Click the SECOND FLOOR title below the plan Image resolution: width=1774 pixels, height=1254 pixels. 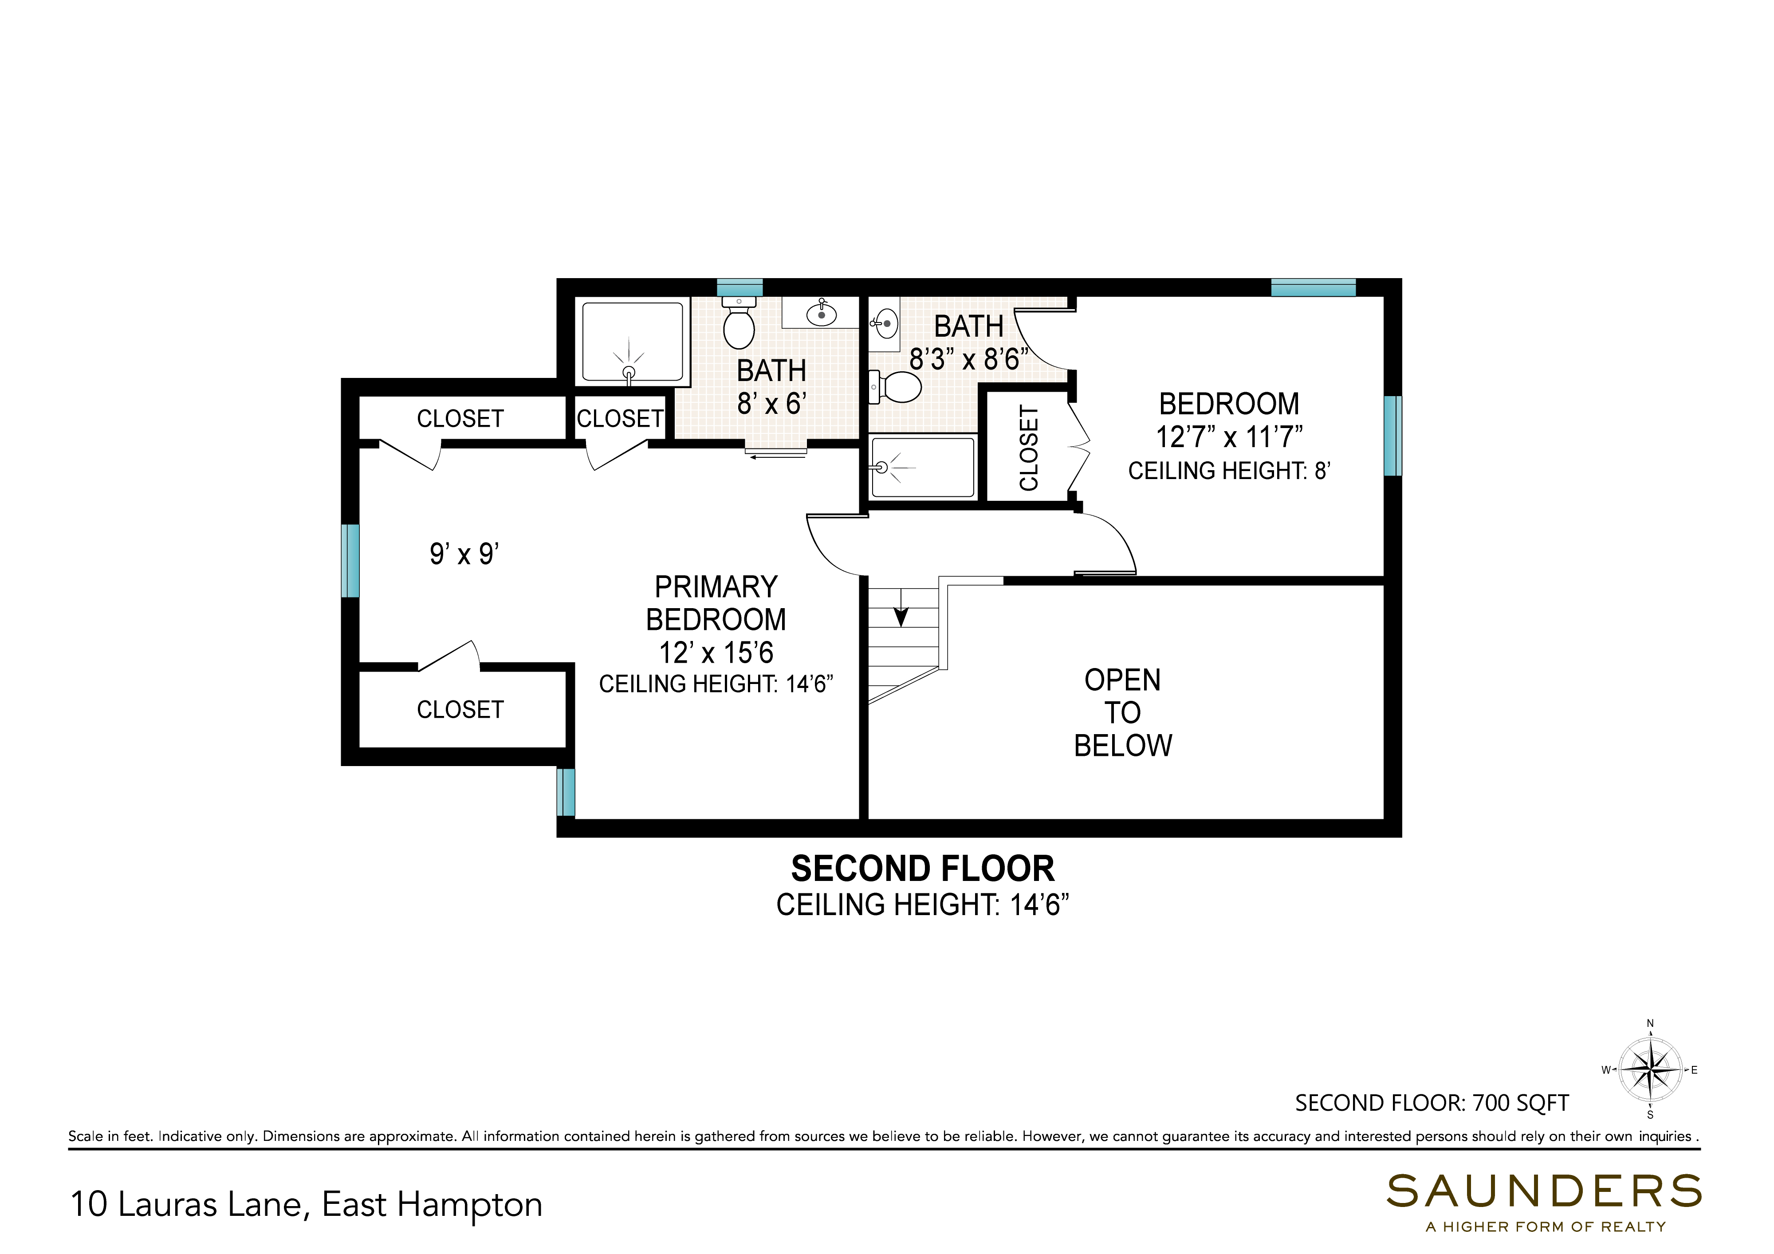[x=923, y=869]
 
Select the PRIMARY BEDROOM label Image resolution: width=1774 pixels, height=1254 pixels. [x=716, y=603]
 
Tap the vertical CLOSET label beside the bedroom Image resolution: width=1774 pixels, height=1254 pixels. [x=1028, y=448]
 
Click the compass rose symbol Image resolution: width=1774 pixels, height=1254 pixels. [x=1650, y=1070]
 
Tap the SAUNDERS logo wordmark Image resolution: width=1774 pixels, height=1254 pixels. [x=1544, y=1191]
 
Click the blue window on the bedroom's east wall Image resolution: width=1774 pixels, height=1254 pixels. [x=1392, y=436]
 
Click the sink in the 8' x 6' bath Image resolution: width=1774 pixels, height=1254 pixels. [x=821, y=313]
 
